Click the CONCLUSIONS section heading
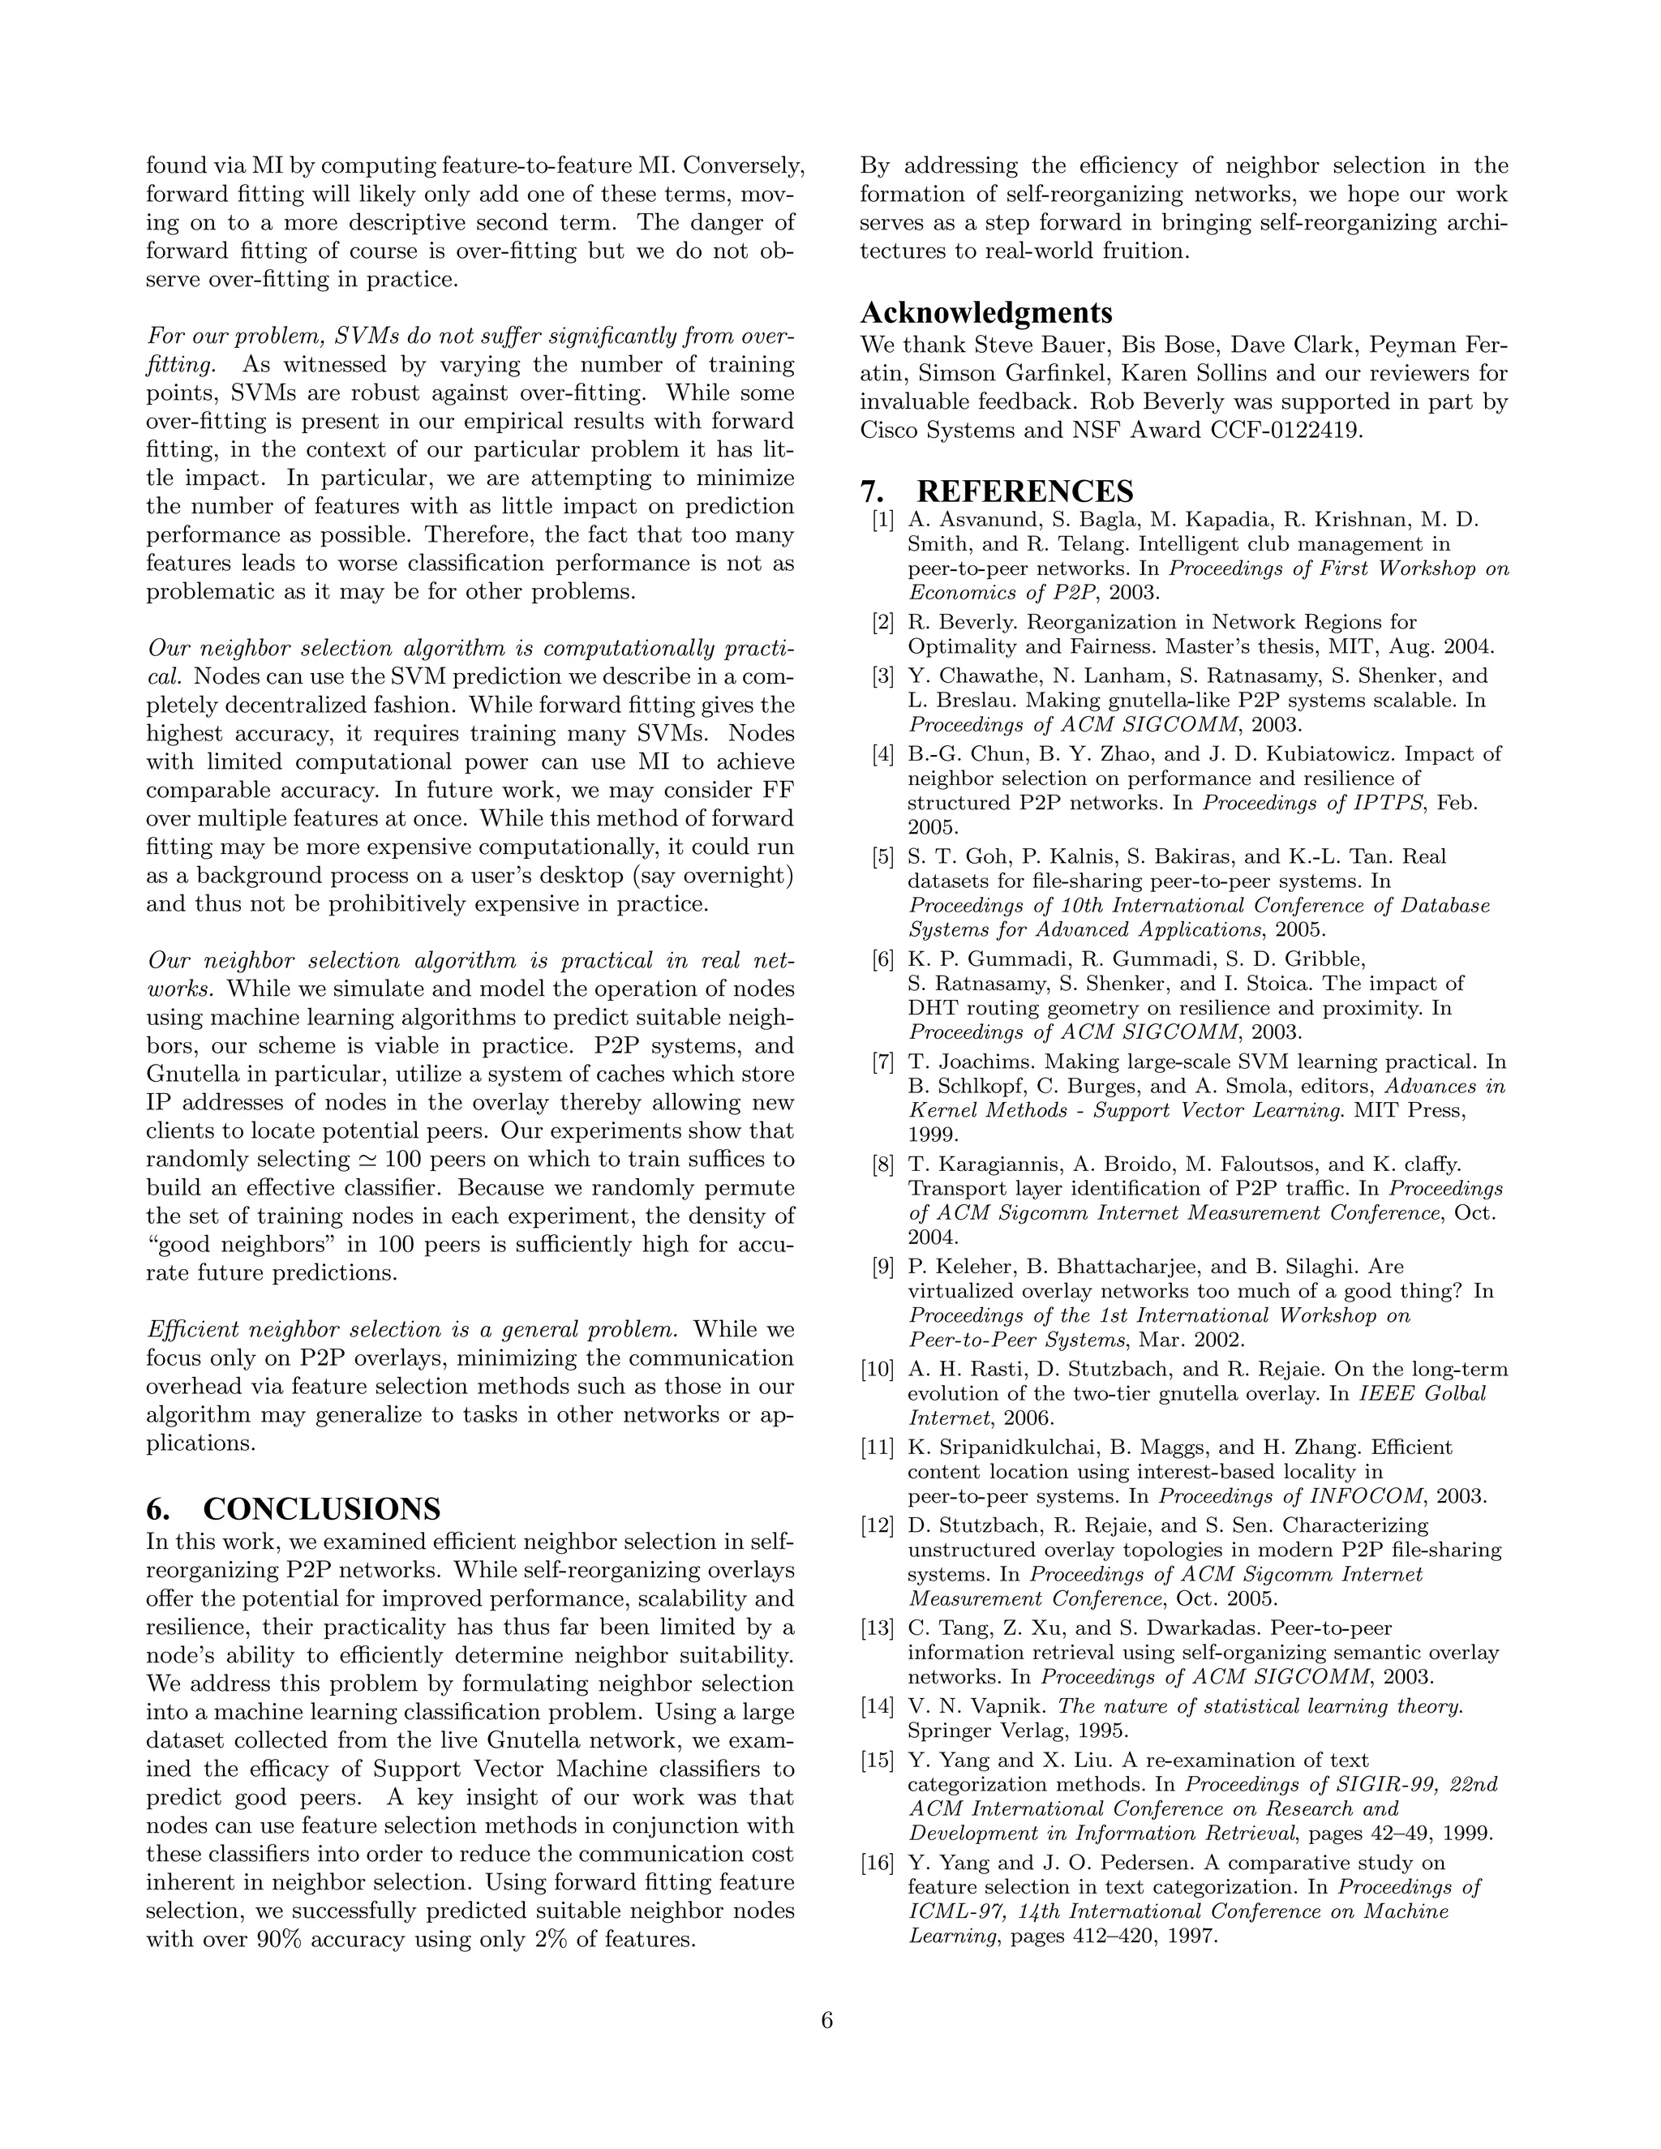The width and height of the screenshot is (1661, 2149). [x=321, y=1509]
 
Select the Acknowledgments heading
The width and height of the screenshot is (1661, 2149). [x=986, y=312]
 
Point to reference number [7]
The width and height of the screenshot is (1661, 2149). [x=882, y=1062]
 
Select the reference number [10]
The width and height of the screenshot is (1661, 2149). [x=878, y=1369]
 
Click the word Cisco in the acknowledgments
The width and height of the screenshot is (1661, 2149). [x=894, y=430]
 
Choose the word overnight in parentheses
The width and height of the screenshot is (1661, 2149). [x=728, y=875]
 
